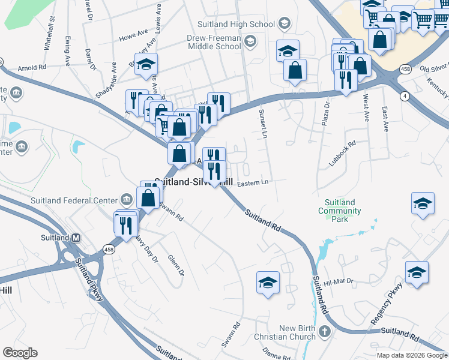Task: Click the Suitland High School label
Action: pyautogui.click(x=236, y=25)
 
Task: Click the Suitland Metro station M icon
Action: pyautogui.click(x=76, y=238)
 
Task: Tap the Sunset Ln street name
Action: pyautogui.click(x=262, y=124)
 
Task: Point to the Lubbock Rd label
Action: pyautogui.click(x=343, y=154)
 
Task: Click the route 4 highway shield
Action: pyautogui.click(x=405, y=96)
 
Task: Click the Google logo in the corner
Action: pyautogui.click(x=20, y=353)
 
